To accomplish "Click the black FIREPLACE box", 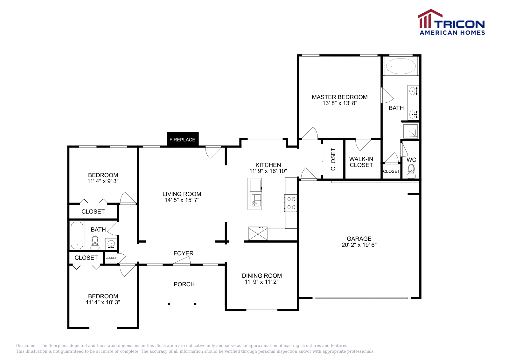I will pos(183,139).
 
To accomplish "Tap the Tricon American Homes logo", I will pos(451,22).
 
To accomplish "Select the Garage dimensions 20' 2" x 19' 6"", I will pos(359,245).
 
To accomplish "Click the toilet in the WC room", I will pos(411,170).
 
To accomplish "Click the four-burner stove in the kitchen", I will pos(291,203).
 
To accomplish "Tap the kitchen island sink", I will pos(256,201).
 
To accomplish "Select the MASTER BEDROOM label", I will pos(339,97).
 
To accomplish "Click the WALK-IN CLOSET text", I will pos(361,162).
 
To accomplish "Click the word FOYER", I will pos(183,253).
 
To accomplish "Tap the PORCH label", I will pos(184,284).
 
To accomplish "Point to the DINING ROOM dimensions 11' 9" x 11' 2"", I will pos(261,282).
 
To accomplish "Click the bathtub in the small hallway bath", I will pos(77,236).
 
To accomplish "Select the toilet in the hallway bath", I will pos(95,242).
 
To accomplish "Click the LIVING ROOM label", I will pos(182,194).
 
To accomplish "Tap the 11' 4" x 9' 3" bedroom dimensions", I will pos(103,181).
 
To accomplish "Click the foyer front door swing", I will pos(182,261).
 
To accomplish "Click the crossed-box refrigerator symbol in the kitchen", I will pos(258,233).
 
